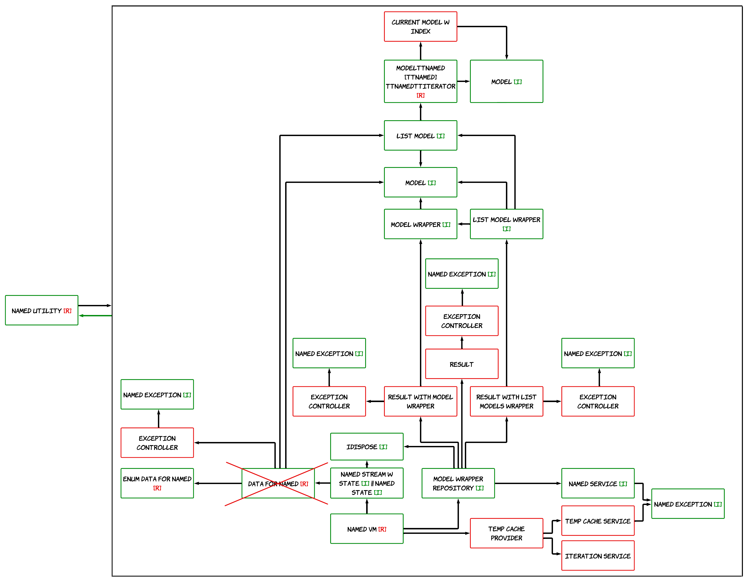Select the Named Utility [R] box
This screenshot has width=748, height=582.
coord(41,310)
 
